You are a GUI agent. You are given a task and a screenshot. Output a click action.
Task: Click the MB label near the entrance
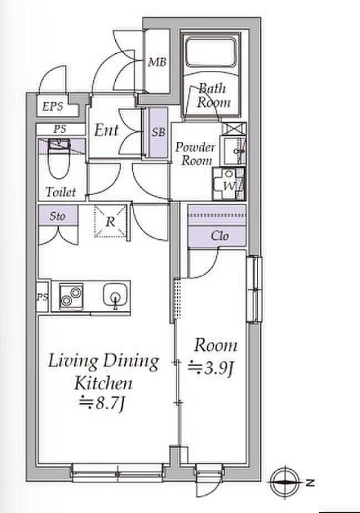pos(157,61)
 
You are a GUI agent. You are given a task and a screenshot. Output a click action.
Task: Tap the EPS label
pos(53,106)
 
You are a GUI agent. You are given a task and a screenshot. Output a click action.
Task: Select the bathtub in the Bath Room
pos(211,52)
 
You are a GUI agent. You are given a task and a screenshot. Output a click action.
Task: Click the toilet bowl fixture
pos(59,158)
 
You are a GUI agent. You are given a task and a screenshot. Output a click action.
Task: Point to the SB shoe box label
pos(158,132)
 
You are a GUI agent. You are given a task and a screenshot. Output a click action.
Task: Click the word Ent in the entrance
pos(106,130)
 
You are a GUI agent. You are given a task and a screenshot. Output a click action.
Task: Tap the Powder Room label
pos(195,153)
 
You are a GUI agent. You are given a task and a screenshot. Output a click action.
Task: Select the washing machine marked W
pos(229,183)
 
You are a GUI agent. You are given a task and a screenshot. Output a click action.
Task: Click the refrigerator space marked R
pos(111,222)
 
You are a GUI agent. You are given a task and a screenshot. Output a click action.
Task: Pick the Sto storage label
pos(58,216)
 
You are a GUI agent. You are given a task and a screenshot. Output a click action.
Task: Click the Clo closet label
pos(220,235)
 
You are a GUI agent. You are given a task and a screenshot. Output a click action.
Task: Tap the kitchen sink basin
pos(115,295)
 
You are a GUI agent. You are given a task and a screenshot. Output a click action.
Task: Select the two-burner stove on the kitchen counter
pos(71,296)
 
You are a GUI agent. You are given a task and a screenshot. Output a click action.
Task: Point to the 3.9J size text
pos(211,368)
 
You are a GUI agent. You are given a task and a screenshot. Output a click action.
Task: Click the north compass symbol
pos(285,481)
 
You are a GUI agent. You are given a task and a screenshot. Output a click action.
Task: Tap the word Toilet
pos(61,192)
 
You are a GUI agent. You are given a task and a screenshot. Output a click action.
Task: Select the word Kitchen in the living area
pos(104,383)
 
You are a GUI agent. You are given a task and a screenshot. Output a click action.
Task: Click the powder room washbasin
pos(233,150)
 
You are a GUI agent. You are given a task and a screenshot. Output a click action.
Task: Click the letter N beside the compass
pos(310,482)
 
